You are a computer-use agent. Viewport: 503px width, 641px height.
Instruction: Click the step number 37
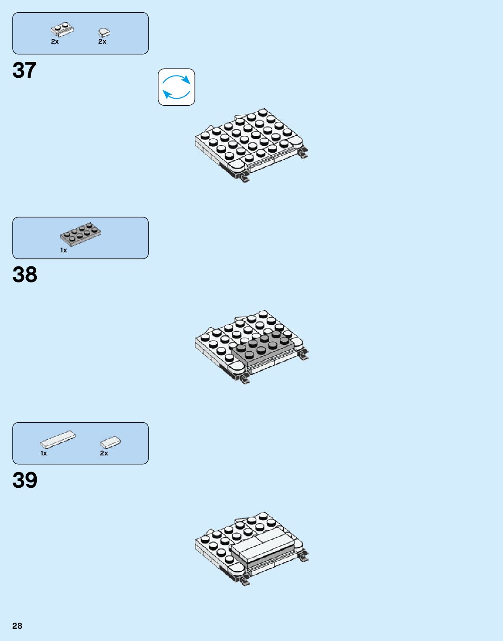24,70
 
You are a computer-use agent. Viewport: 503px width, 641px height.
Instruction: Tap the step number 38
25,275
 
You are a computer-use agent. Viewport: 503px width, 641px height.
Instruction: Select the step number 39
25,480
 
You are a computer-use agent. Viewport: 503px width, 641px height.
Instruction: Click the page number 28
17,626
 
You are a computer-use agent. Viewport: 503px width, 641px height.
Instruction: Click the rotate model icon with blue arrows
177,87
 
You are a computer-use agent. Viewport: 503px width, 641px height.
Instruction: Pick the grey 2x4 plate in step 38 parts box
81,234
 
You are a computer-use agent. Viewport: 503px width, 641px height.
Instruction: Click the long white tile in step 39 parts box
58,439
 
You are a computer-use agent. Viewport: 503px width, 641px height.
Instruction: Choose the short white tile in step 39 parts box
110,442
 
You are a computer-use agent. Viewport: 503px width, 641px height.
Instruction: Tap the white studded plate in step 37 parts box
62,29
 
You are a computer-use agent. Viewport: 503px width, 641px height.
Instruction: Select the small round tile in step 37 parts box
104,32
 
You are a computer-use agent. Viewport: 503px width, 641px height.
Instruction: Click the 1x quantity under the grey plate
64,250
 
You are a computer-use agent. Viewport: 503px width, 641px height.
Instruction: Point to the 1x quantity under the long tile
44,453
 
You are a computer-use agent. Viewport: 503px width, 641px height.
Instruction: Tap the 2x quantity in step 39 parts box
104,453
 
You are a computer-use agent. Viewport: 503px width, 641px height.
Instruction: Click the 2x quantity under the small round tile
102,41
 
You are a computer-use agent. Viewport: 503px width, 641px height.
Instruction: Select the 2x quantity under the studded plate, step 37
55,41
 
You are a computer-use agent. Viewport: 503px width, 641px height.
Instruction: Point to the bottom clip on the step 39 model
244,579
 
